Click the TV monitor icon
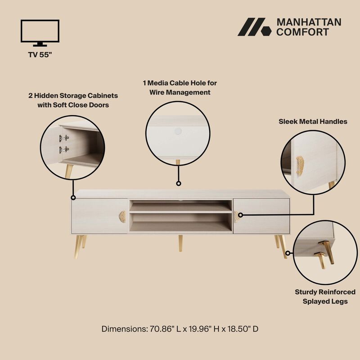40,33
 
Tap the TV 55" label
40,56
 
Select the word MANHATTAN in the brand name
309,22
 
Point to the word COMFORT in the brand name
302,32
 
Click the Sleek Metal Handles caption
313,121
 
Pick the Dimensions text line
180,329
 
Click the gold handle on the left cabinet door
121,216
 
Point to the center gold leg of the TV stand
180,242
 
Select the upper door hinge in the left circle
63,138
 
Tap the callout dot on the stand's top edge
178,184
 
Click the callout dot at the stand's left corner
72,197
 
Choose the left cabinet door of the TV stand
99,216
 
